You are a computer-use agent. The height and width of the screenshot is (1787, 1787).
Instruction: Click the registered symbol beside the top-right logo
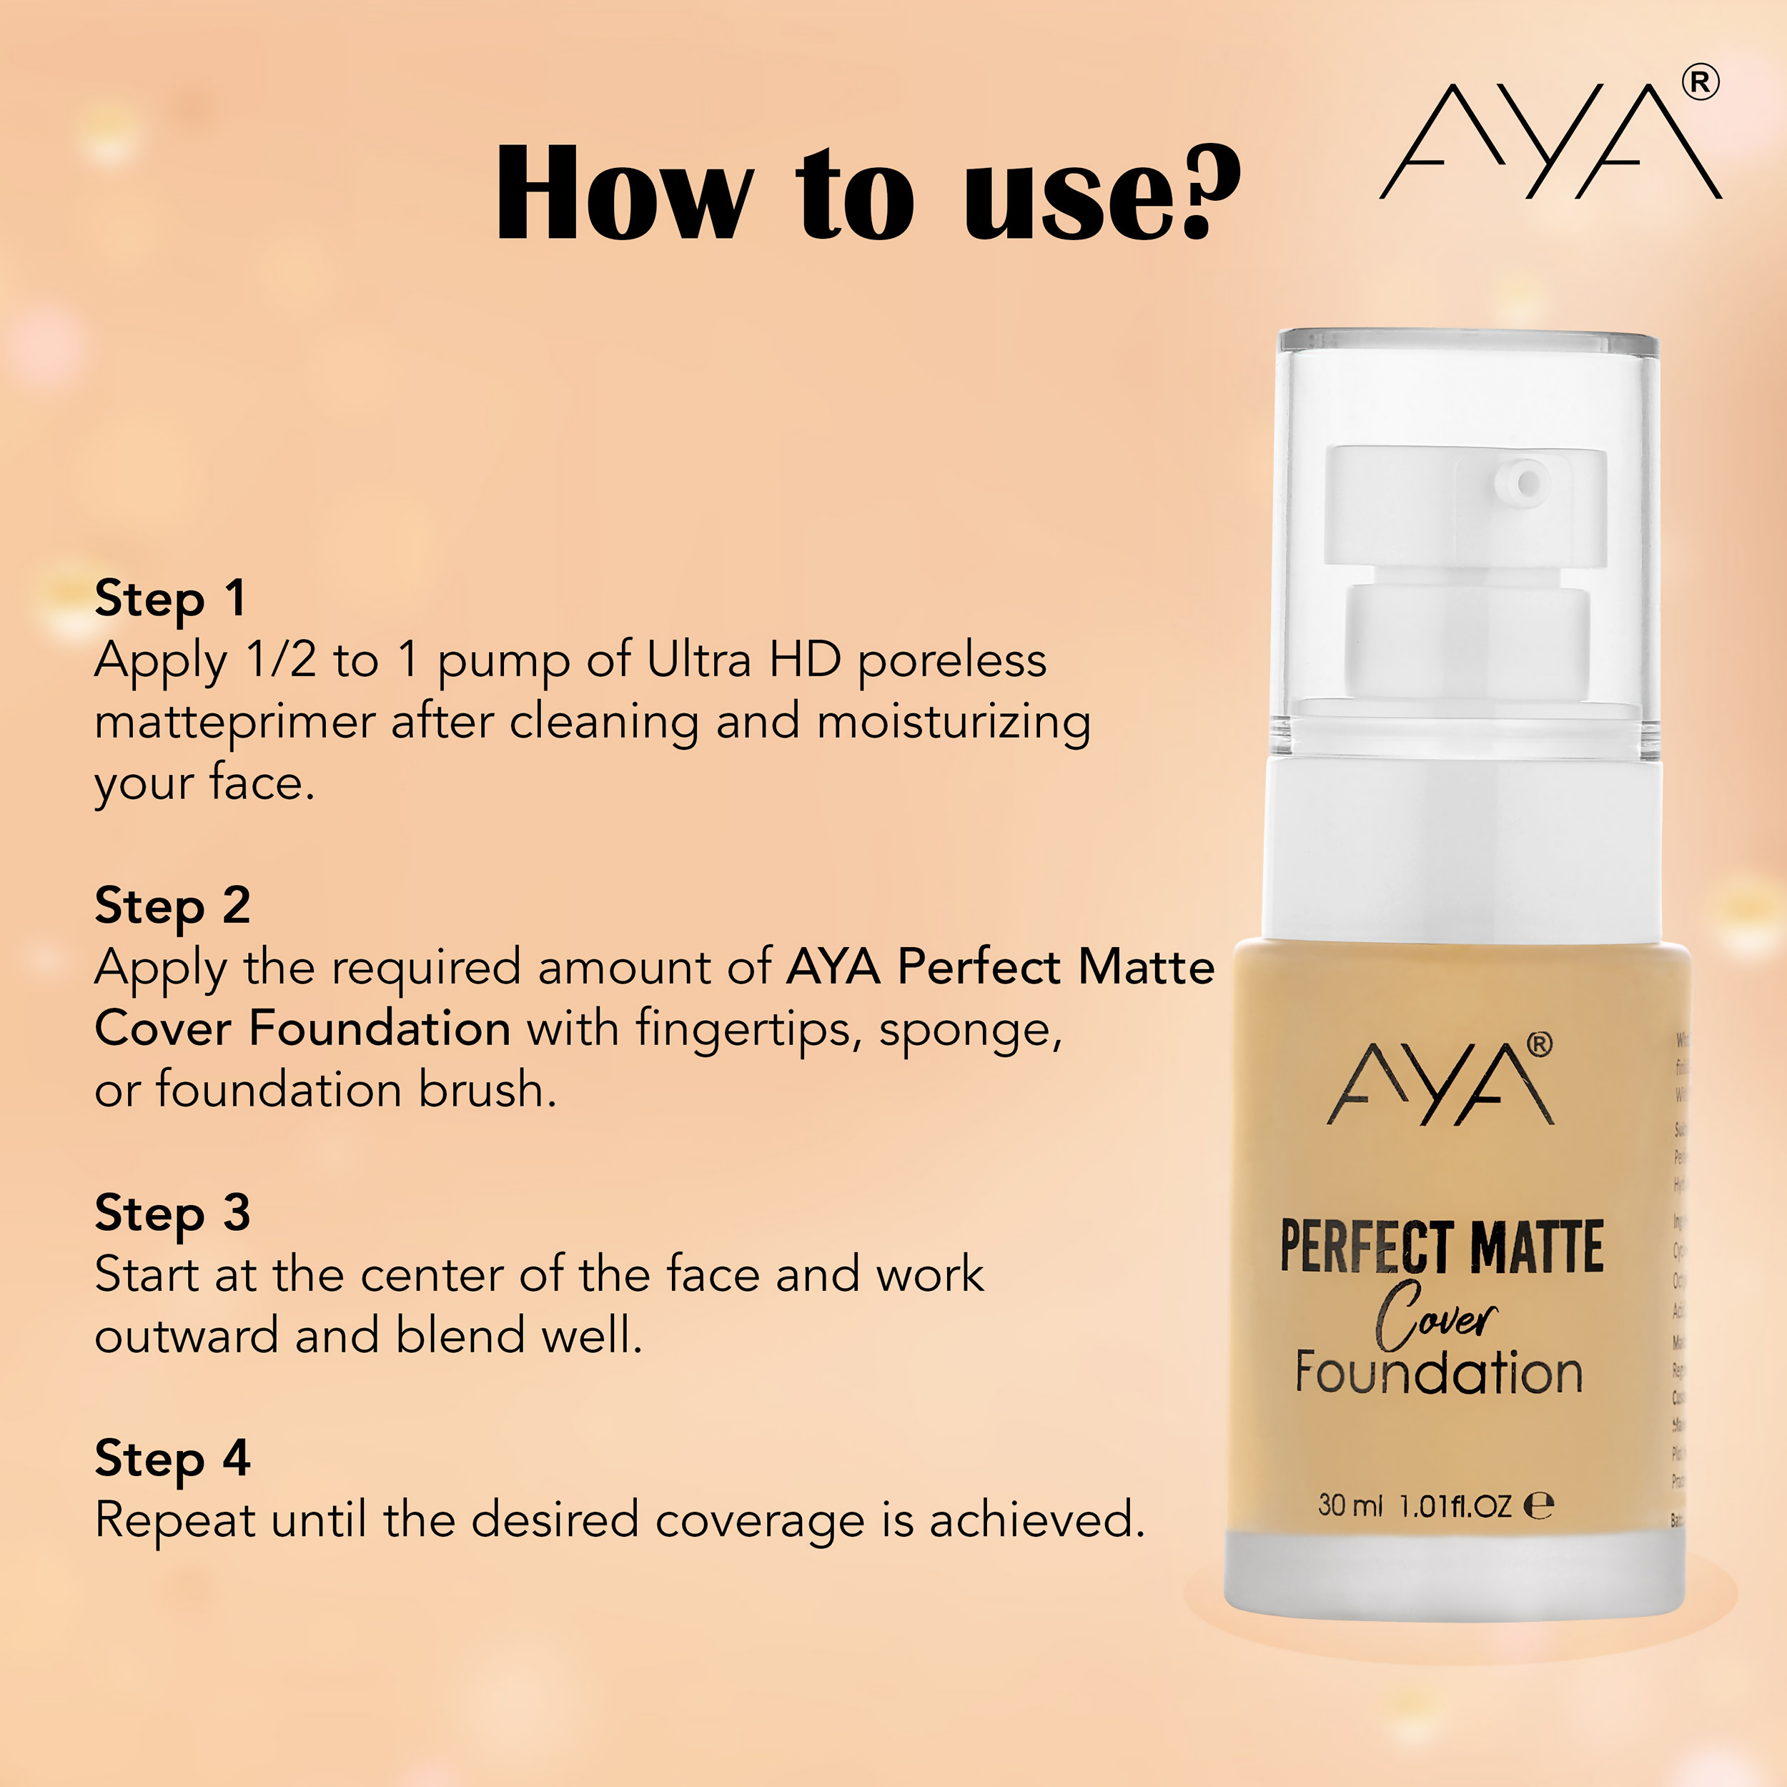point(1700,83)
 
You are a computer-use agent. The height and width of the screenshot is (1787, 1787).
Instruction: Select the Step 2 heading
point(172,906)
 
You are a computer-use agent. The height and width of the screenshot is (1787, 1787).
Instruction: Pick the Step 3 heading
point(172,1214)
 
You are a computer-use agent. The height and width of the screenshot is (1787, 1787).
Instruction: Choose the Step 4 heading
point(172,1459)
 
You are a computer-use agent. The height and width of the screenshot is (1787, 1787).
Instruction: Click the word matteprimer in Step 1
point(234,723)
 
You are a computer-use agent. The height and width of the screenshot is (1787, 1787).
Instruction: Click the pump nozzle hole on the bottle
point(1529,482)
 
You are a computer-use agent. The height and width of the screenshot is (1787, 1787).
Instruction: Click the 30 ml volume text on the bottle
point(1350,1506)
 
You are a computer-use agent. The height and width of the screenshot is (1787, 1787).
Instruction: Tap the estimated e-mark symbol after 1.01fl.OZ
point(1538,1506)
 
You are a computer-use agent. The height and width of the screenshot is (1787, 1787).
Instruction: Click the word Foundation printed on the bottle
point(1439,1374)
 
